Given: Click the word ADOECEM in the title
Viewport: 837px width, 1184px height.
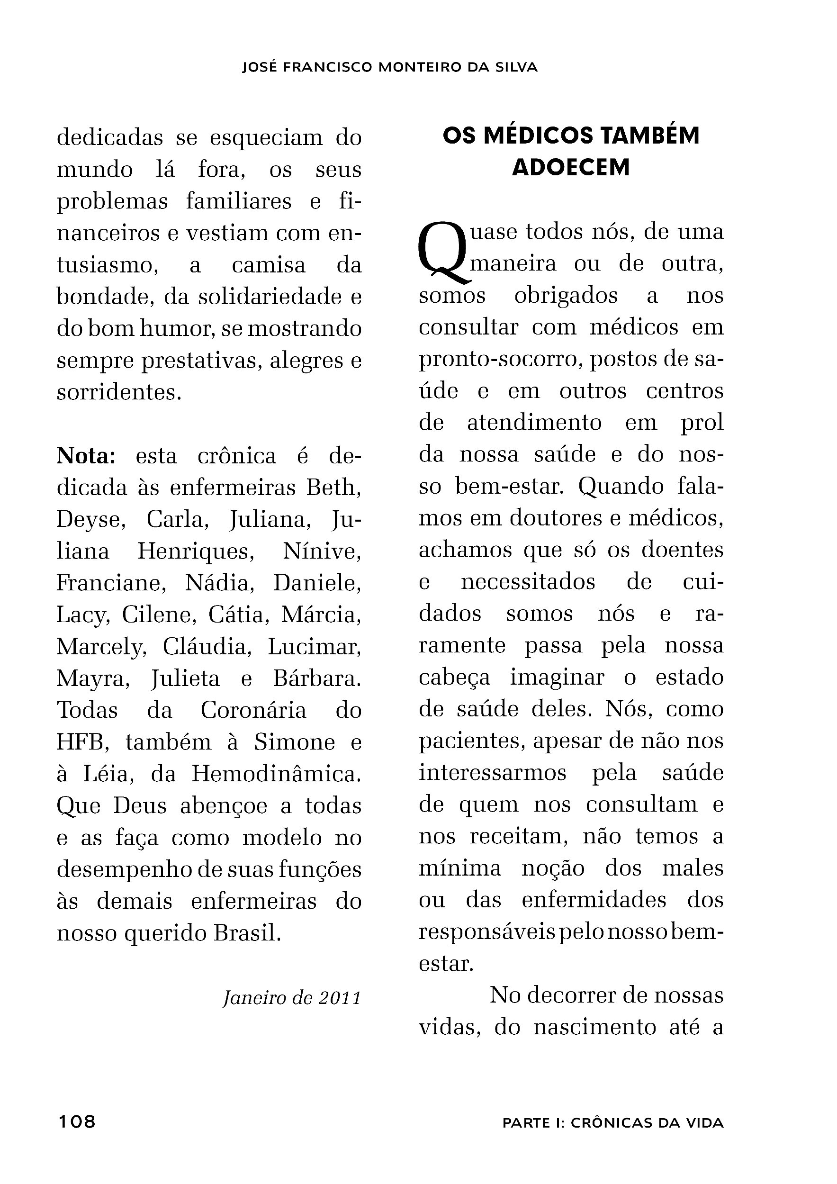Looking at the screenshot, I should pyautogui.click(x=571, y=168).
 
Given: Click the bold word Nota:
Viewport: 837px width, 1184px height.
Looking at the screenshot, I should pyautogui.click(x=86, y=456).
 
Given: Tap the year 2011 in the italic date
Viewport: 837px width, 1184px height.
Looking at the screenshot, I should pyautogui.click(x=339, y=998).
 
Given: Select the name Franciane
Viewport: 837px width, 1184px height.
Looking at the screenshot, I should pyautogui.click(x=111, y=583).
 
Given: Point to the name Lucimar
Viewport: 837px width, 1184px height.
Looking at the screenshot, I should pyautogui.click(x=314, y=647).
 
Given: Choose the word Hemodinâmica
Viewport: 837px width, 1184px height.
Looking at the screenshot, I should pyautogui.click(x=277, y=774).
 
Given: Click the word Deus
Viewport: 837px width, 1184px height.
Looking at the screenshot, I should pyautogui.click(x=140, y=806).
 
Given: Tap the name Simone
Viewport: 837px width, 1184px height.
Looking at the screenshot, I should pyautogui.click(x=294, y=742).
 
